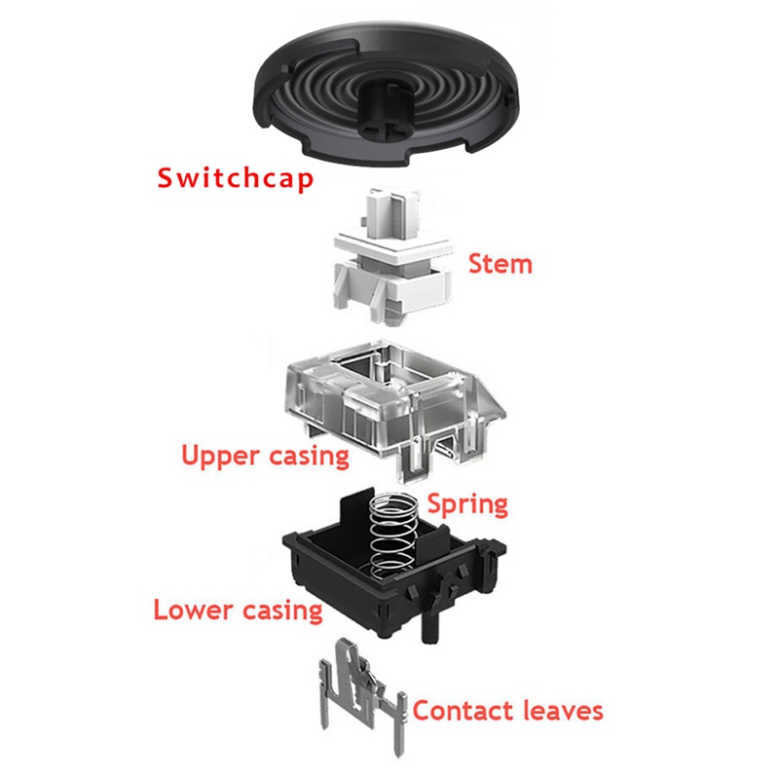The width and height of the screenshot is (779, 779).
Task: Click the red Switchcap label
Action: (236, 179)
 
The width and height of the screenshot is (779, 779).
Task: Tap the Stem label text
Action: (501, 264)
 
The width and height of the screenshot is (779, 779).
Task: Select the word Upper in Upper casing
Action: (220, 456)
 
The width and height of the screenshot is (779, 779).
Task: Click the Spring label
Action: (468, 504)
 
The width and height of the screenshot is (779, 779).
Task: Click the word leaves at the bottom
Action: (563, 711)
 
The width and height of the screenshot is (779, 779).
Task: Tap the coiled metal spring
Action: (393, 537)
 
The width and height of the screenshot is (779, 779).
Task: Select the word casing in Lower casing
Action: (282, 611)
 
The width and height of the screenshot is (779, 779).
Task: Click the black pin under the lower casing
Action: (430, 627)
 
